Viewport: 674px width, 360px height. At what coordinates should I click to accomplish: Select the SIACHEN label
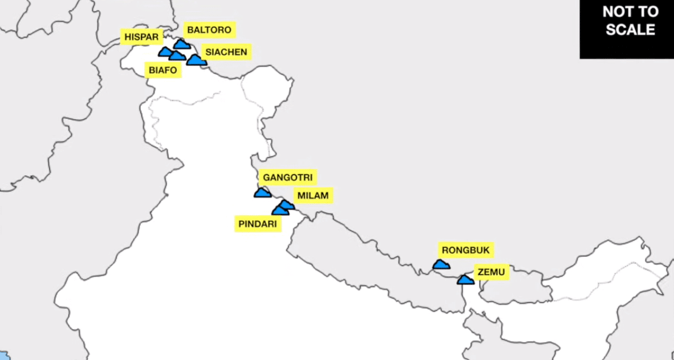click(x=226, y=52)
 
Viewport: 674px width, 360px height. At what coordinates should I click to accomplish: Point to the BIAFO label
click(x=163, y=71)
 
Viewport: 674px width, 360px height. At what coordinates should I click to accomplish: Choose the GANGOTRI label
click(x=287, y=177)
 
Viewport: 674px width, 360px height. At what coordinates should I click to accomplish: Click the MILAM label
click(x=312, y=196)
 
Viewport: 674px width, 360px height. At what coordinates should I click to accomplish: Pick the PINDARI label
click(x=258, y=224)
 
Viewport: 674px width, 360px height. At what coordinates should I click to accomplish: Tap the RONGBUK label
click(x=465, y=250)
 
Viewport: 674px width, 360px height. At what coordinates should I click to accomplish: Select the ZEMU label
click(x=491, y=273)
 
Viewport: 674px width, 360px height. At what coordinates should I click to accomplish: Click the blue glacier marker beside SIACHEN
click(x=196, y=60)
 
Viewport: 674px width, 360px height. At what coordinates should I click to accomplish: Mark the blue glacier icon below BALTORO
click(x=182, y=44)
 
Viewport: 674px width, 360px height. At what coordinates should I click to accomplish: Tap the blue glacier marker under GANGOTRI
click(x=262, y=193)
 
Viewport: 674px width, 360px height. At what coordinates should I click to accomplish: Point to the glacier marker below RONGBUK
click(x=441, y=265)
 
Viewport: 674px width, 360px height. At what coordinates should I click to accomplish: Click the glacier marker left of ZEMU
click(x=465, y=280)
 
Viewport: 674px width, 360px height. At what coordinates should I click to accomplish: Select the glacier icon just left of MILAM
click(x=287, y=204)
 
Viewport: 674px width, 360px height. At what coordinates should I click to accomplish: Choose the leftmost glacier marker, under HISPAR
click(x=165, y=52)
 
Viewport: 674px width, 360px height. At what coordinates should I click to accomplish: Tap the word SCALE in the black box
click(x=630, y=30)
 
